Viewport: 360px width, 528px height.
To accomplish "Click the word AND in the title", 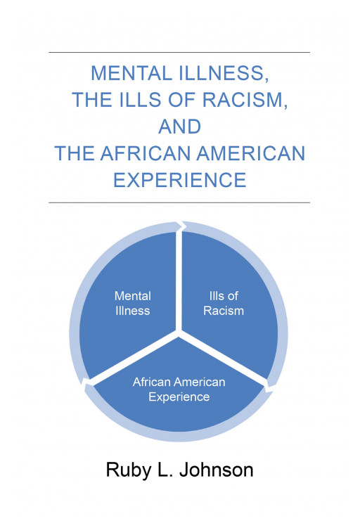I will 180,127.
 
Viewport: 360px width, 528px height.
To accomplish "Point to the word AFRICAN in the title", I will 145,153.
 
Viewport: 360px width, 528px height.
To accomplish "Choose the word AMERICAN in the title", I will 246,153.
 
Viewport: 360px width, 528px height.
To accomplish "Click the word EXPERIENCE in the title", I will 180,180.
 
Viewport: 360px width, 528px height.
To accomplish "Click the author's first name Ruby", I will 129,470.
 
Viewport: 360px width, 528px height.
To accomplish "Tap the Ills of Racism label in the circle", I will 224,303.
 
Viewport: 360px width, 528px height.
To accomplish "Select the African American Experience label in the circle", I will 179,389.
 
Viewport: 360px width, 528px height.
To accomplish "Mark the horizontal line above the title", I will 180,53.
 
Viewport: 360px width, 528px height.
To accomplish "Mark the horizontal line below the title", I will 180,202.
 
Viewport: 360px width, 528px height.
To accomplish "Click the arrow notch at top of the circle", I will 181,226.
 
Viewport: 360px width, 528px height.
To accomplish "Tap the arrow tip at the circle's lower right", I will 269,386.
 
